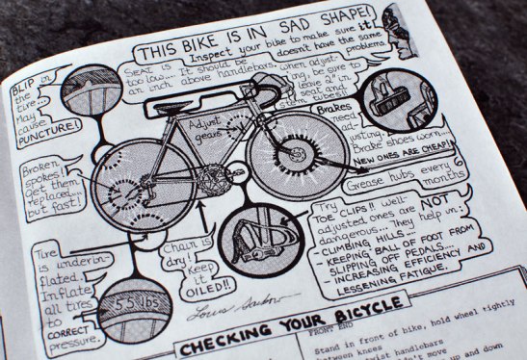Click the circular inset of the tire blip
pos(80,92)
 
